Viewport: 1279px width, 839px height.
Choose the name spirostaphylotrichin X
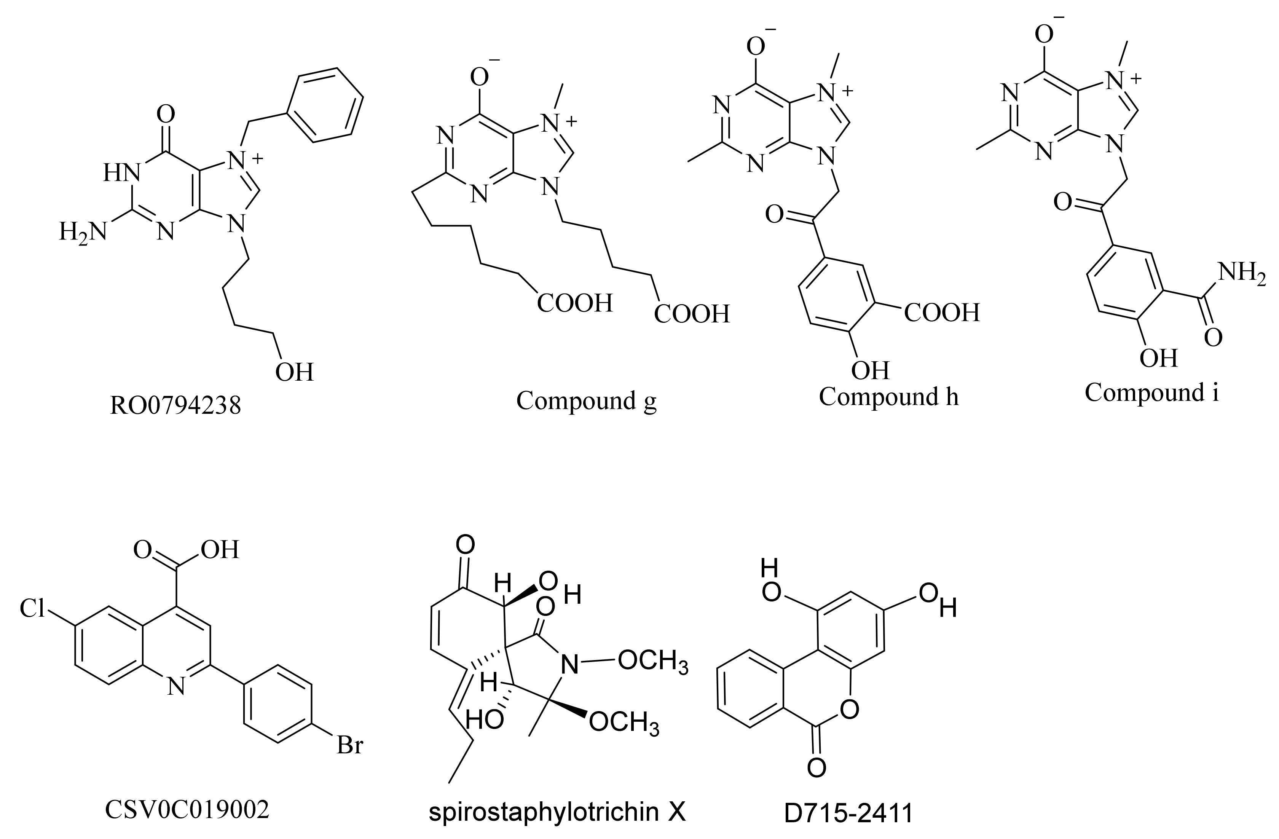pos(557,813)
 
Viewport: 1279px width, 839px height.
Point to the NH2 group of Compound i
pos(1241,273)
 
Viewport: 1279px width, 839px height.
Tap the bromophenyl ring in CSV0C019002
pos(278,704)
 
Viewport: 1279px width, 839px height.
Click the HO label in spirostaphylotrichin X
pos(484,719)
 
